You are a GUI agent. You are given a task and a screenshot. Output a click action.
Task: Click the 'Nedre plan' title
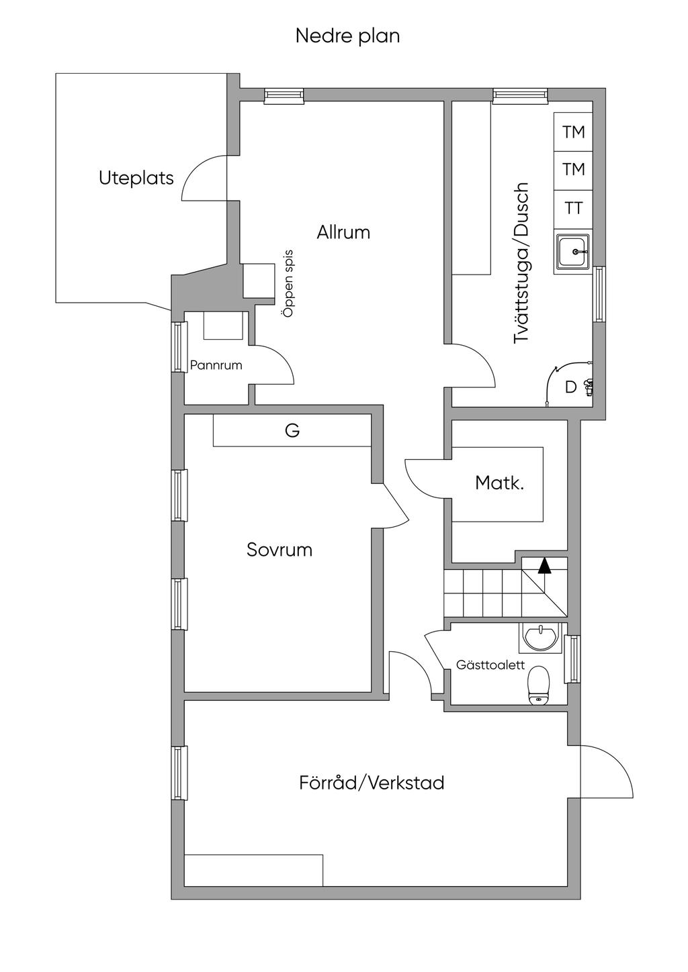pos(347,36)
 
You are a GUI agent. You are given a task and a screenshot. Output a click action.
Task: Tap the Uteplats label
pos(136,178)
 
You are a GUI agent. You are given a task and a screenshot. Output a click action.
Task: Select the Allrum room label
pos(343,232)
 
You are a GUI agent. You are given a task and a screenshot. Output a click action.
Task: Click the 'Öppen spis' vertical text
pos(288,283)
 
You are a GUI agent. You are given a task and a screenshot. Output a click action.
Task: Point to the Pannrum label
pos(216,365)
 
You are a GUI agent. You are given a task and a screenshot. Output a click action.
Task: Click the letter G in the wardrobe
pos(292,430)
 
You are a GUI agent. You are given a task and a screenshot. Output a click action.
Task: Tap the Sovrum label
pos(279,550)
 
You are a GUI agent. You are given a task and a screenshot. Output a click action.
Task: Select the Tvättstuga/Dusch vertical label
pos(521,263)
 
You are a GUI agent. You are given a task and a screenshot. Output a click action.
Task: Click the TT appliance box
pos(573,208)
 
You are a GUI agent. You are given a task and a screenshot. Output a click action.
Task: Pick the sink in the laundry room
pos(572,252)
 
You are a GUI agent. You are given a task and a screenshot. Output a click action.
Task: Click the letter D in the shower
pos(570,387)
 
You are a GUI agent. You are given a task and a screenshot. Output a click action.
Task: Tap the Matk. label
pos(499,482)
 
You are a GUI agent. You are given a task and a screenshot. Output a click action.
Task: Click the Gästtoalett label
pos(490,665)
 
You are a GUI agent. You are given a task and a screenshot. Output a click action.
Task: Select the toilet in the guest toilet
pos(539,685)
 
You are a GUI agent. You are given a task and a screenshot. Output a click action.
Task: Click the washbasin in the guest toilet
pos(540,636)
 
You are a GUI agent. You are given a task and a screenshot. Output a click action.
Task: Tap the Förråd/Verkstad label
pos(372,783)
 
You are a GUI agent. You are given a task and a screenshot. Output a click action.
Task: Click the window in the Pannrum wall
pos(178,347)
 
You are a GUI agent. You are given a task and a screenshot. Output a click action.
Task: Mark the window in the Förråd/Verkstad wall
pos(178,773)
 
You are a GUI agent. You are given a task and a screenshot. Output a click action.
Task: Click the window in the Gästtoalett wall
pos(572,659)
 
